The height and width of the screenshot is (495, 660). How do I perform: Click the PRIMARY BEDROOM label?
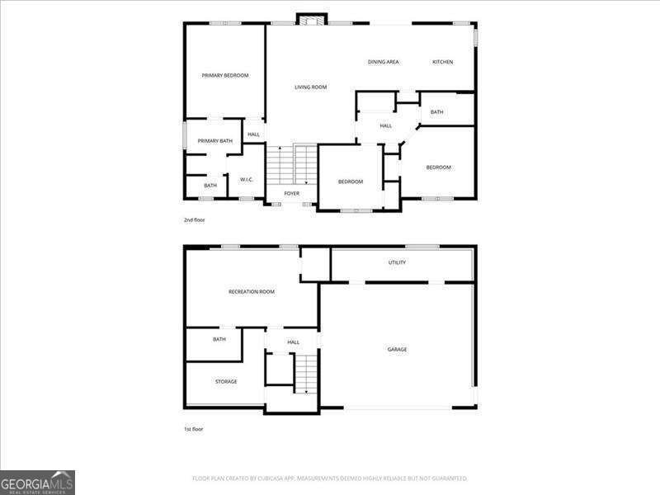point(225,75)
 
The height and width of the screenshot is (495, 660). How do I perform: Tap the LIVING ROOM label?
point(311,87)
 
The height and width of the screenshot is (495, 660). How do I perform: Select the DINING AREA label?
point(384,62)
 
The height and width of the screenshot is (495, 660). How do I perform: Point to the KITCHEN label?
point(443,62)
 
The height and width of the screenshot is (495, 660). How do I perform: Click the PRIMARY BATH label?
point(214,141)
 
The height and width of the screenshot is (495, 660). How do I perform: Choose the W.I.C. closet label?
point(247,179)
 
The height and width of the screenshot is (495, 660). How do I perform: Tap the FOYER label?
point(292,194)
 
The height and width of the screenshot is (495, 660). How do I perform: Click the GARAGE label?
point(397,350)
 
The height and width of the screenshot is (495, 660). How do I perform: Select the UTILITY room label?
point(397,262)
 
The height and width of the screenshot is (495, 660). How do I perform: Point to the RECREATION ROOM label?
point(252,292)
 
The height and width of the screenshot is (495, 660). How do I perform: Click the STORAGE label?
point(226,381)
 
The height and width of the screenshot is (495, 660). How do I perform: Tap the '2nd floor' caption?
point(194,220)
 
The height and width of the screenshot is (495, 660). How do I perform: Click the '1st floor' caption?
point(194,429)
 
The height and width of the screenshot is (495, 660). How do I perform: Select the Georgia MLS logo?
point(37,482)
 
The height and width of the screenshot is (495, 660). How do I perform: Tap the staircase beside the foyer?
point(292,164)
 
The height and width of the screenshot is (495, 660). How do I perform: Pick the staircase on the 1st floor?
point(306,373)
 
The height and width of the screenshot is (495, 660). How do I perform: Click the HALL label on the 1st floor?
point(293,342)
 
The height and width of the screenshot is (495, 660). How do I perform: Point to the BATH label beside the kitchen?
point(436,112)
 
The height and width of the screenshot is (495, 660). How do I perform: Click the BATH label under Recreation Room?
point(219,339)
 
